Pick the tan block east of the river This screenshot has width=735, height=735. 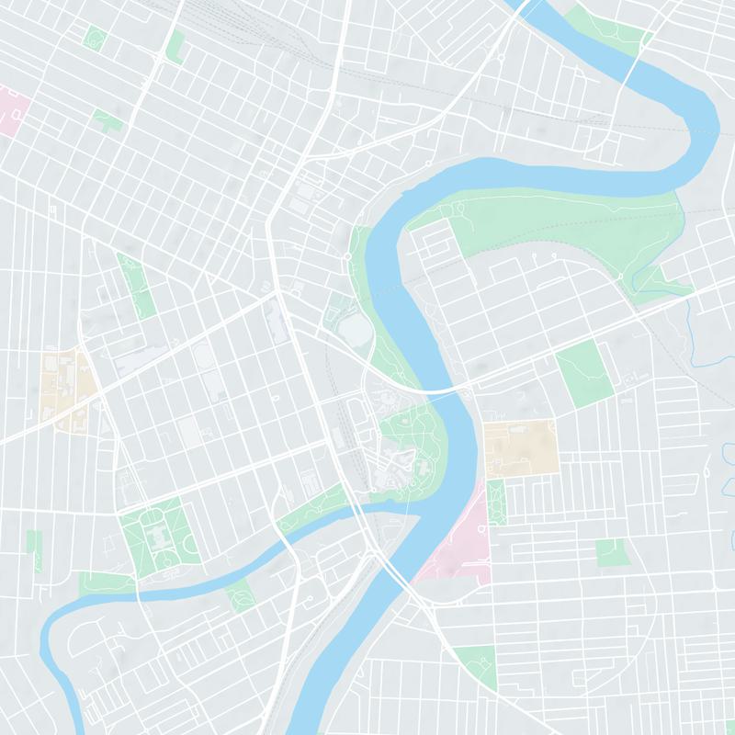(x=521, y=447)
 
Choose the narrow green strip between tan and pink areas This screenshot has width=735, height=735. (x=496, y=502)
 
